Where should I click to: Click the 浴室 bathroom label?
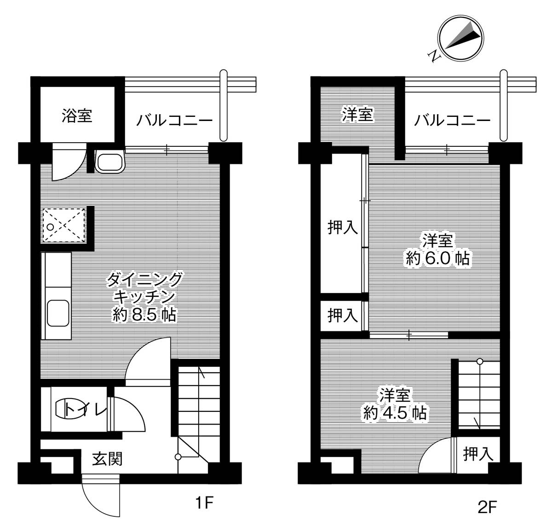coord(77,115)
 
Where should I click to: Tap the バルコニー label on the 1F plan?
coord(174,121)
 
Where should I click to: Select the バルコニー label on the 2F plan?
coord(452,121)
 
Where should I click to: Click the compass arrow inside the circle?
coord(460,40)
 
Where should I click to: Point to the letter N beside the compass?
coord(433,56)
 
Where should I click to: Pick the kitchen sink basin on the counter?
coord(58,313)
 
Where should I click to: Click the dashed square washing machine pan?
coord(64,225)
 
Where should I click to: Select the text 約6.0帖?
coord(437,259)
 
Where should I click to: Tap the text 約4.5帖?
coord(394,412)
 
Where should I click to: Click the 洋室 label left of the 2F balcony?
coord(357,115)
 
